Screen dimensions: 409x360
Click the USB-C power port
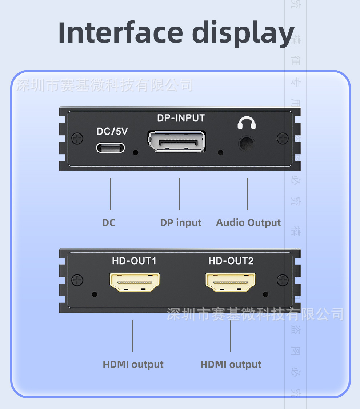point(111,148)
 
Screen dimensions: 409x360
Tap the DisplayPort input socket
point(177,141)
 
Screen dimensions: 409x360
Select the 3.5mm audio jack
point(246,143)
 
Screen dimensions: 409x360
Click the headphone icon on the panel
point(247,123)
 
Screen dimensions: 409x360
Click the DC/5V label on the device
point(112,131)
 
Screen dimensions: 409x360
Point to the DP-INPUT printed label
point(181,118)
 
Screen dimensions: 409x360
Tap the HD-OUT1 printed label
point(134,261)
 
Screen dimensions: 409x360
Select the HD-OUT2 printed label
point(231,261)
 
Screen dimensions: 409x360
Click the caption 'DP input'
point(181,222)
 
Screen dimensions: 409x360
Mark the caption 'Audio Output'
point(248,222)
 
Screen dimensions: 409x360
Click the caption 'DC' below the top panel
point(109,222)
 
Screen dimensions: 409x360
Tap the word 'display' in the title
point(243,33)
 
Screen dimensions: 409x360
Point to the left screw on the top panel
point(77,138)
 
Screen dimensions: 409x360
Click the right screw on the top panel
point(283,138)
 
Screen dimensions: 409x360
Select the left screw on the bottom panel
point(77,280)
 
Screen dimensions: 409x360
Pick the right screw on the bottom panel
point(283,280)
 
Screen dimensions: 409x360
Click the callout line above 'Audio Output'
point(248,194)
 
